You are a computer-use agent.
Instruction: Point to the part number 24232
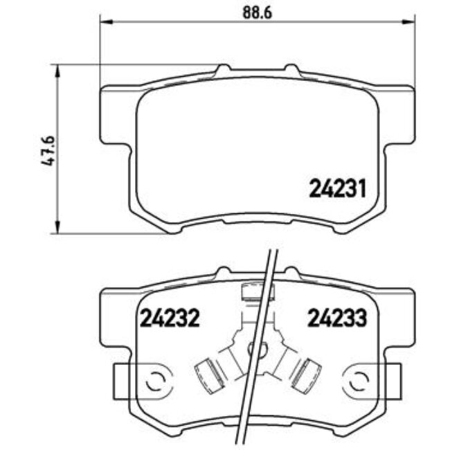pos(170,318)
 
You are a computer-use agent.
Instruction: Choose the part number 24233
pos(336,318)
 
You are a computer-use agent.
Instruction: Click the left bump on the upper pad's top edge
pos(222,70)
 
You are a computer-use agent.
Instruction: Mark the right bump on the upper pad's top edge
pos(291,70)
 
